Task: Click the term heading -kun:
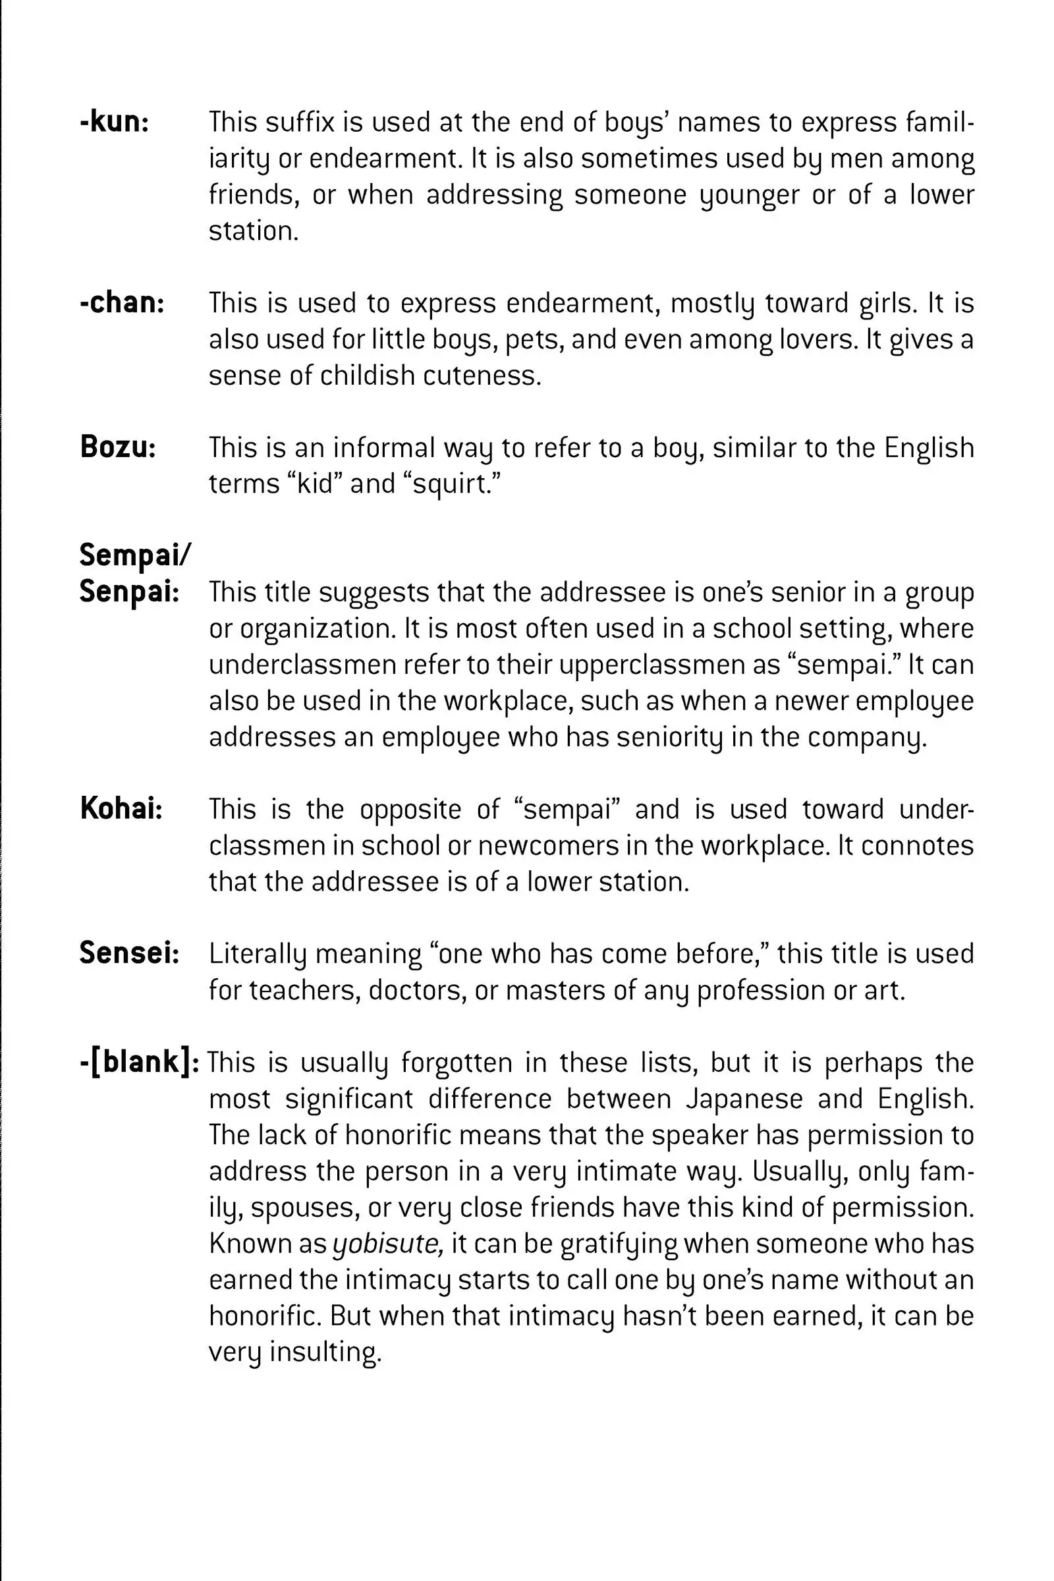[113, 123]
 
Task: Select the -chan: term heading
[122, 303]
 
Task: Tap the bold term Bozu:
[118, 447]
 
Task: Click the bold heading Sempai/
[135, 555]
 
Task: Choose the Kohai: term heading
[121, 809]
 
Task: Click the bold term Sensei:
[129, 953]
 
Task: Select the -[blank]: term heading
[139, 1062]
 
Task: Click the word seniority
[669, 737]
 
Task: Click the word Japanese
[744, 1099]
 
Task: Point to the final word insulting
[325, 1352]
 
